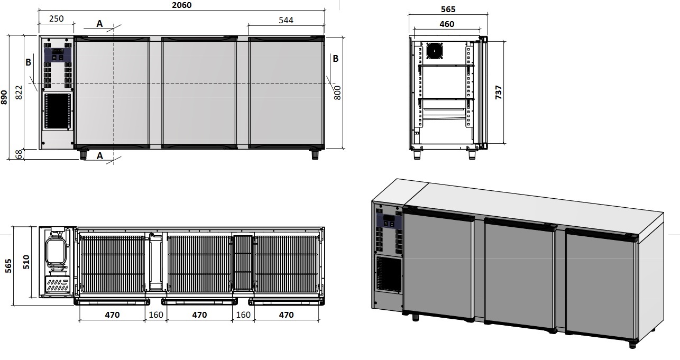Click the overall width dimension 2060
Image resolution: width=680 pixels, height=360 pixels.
(181, 5)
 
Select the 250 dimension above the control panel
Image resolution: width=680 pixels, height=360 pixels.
(57, 19)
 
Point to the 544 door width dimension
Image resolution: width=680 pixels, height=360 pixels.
(286, 20)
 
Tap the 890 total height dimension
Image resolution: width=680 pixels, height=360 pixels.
(4, 97)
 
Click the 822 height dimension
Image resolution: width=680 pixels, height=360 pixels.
(19, 93)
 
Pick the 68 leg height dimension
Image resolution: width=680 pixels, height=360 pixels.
(19, 154)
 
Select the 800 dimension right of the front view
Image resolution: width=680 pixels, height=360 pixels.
(337, 93)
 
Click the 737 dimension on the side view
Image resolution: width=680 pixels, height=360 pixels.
(499, 93)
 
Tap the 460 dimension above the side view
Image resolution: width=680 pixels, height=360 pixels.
(447, 24)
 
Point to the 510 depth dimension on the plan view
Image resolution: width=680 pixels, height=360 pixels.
(26, 262)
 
